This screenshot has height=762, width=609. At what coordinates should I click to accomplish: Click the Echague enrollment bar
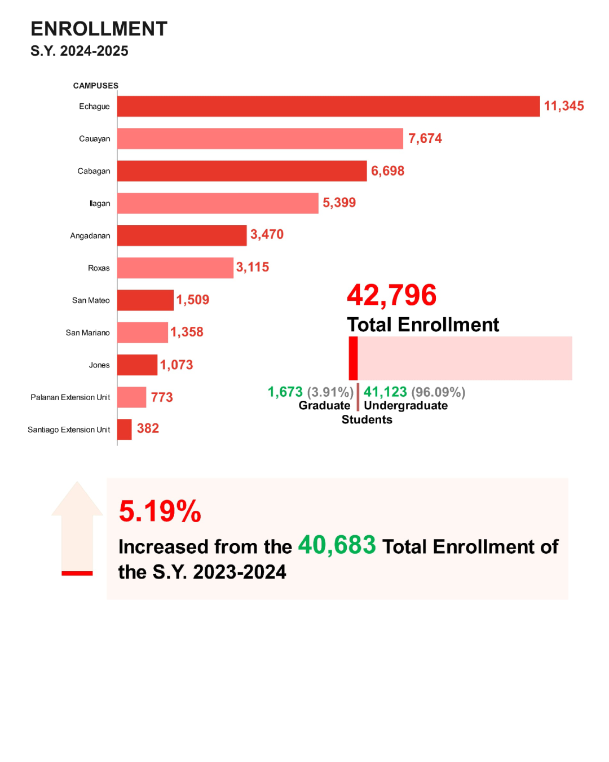[328, 106]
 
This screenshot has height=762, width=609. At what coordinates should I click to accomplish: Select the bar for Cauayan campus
[260, 138]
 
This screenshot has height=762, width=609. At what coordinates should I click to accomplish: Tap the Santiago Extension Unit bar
[125, 430]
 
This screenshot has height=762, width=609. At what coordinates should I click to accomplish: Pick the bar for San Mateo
[145, 300]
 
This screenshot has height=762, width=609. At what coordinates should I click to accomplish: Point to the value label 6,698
[387, 171]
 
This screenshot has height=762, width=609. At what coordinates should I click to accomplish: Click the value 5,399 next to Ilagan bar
[339, 203]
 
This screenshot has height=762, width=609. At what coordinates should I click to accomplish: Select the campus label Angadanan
[90, 236]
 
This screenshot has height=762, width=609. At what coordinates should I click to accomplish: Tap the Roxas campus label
[99, 268]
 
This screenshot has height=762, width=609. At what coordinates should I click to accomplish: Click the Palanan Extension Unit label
[70, 397]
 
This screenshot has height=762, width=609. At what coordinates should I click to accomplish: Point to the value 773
[162, 397]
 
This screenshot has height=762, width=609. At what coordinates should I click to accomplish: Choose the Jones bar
[137, 365]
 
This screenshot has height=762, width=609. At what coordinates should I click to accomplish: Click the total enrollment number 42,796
[391, 295]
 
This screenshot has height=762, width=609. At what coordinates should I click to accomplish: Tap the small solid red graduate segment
[353, 358]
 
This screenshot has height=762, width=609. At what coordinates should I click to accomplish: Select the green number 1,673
[285, 392]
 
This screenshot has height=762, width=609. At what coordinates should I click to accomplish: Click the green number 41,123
[385, 392]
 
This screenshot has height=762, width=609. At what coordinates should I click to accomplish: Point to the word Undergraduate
[405, 406]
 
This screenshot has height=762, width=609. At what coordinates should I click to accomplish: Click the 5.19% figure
[160, 511]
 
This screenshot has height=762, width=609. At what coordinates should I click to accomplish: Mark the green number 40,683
[337, 545]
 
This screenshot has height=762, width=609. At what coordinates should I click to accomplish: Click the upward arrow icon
[77, 525]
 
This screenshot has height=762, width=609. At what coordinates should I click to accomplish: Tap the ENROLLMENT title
[99, 29]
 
